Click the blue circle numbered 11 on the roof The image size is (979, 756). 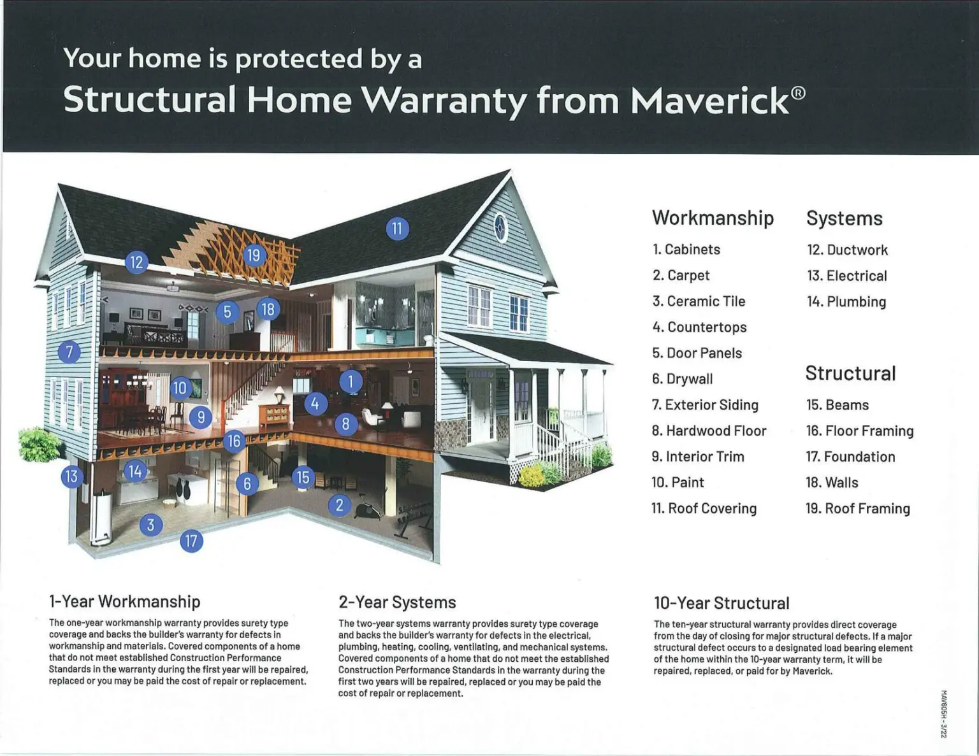point(397,229)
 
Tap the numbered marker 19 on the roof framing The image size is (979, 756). point(254,255)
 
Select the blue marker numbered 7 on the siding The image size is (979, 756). point(69,352)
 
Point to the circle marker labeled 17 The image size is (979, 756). point(191,541)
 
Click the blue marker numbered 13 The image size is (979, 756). point(72,476)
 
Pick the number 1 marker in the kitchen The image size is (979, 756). point(351,382)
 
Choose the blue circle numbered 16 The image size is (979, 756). point(235,441)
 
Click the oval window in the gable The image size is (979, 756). point(500,228)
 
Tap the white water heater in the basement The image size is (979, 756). point(101,519)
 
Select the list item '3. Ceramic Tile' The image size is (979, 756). point(699,301)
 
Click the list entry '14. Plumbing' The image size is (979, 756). point(846,301)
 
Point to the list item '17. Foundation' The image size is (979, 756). point(851,457)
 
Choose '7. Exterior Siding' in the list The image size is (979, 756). point(705,405)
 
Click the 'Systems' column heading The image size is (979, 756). point(845,218)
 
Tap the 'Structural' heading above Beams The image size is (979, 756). point(851,373)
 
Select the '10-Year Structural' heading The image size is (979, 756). point(722,603)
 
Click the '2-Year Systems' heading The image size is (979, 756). point(397,603)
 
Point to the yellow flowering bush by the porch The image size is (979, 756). point(532,476)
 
